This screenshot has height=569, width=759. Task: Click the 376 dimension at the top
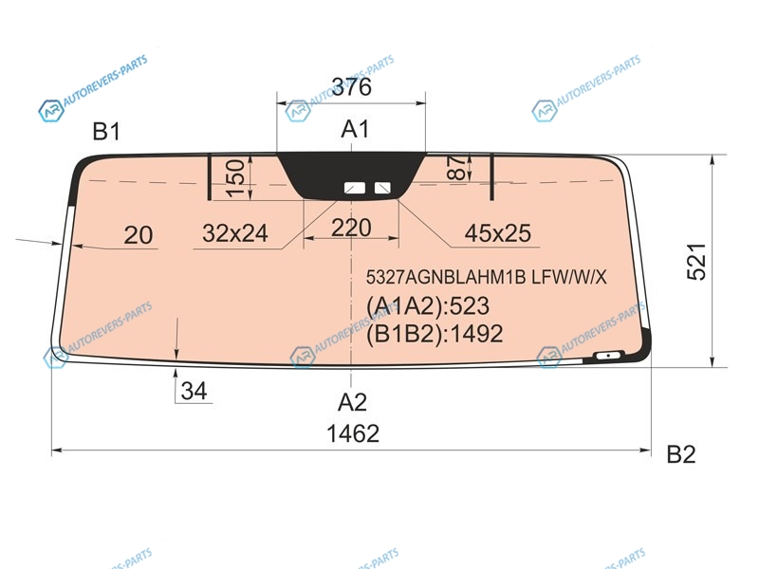pyautogui.click(x=352, y=87)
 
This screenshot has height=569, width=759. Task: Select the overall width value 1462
pyautogui.click(x=353, y=433)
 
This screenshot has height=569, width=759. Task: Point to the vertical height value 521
pyautogui.click(x=697, y=262)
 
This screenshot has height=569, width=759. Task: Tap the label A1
pyautogui.click(x=355, y=129)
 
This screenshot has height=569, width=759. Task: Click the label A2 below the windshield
pyautogui.click(x=352, y=402)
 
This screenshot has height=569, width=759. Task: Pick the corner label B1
pyautogui.click(x=106, y=131)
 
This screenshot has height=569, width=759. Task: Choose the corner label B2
pyautogui.click(x=681, y=454)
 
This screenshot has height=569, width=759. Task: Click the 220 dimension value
pyautogui.click(x=351, y=228)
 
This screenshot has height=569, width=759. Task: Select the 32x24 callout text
pyautogui.click(x=235, y=233)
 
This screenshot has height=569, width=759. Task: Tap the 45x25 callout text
pyautogui.click(x=497, y=233)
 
